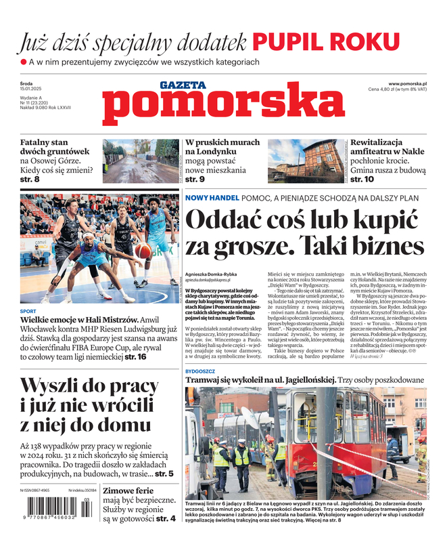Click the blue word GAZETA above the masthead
click(x=183, y=85)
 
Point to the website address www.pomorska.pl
click(x=412, y=83)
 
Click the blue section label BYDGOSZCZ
click(x=201, y=371)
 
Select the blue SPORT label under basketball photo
click(x=28, y=312)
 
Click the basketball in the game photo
click(x=142, y=251)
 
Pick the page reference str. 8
click(x=27, y=180)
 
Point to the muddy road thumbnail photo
click(x=141, y=161)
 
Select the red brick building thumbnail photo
click(x=306, y=161)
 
